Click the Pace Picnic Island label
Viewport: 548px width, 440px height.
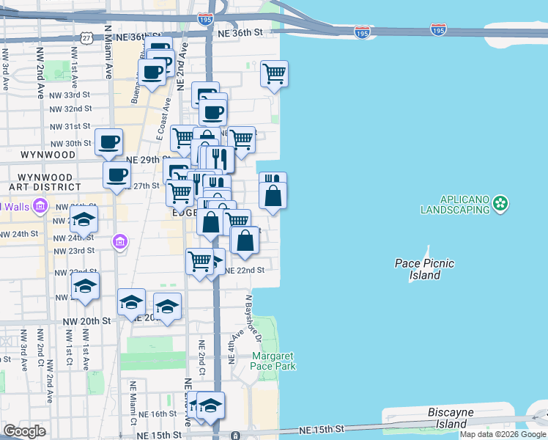tap(424, 269)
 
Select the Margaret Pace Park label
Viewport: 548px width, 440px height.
tap(273, 361)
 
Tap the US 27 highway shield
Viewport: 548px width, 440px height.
tap(87, 37)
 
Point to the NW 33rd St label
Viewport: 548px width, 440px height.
tap(71, 95)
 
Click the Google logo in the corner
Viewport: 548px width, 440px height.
tap(24, 430)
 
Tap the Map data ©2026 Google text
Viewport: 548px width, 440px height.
tap(503, 434)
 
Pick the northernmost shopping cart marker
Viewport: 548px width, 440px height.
tap(274, 73)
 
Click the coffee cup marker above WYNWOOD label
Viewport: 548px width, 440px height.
tap(108, 142)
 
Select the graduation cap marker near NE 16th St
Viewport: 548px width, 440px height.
tap(210, 405)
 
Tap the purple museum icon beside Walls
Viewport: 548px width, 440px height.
tap(41, 207)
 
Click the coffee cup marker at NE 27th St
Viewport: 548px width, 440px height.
tap(116, 175)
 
